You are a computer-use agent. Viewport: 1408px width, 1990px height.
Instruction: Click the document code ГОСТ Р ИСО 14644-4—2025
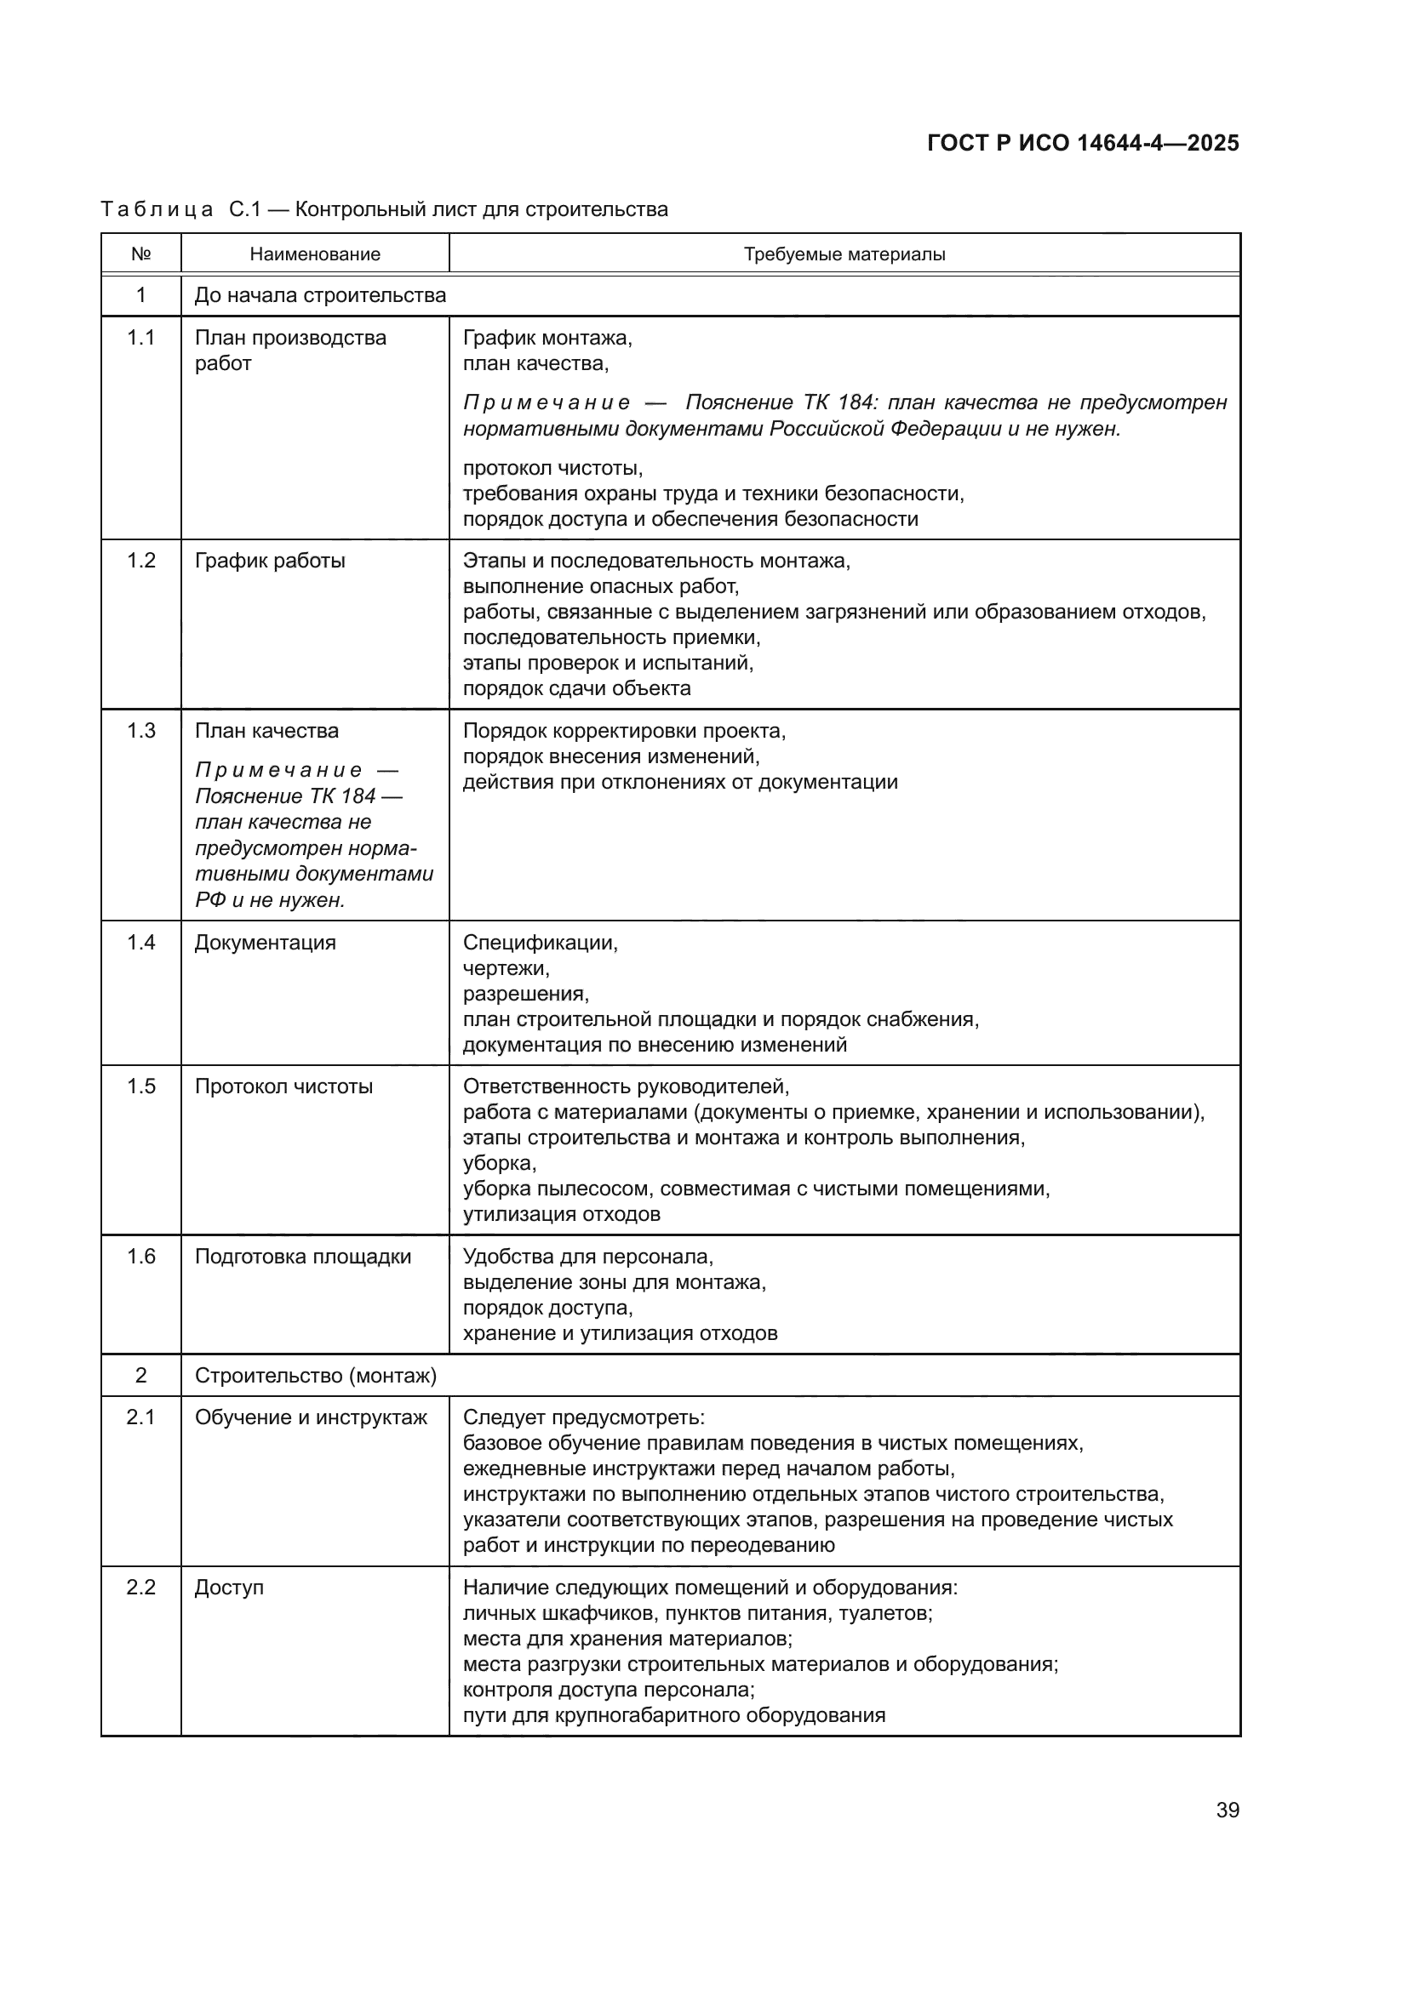click(1082, 143)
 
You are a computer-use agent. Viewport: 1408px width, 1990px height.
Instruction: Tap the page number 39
click(1227, 1810)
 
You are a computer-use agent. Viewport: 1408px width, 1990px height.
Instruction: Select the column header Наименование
click(315, 254)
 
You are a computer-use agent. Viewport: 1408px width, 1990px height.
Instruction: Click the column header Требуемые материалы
click(844, 254)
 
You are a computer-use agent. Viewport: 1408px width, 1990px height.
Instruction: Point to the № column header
click(140, 254)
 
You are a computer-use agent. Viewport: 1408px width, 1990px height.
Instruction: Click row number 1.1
click(140, 338)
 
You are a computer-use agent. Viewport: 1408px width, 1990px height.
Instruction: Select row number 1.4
click(140, 942)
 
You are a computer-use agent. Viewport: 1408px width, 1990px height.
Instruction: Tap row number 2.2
click(140, 1587)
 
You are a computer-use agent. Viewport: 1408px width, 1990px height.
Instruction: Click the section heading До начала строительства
click(320, 295)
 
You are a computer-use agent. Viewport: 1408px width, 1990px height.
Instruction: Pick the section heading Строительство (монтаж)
click(316, 1376)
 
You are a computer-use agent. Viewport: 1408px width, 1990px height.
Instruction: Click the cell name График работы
click(270, 561)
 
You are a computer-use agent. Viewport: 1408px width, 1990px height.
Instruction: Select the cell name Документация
click(265, 942)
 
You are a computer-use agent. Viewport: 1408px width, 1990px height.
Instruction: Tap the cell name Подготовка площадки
click(302, 1257)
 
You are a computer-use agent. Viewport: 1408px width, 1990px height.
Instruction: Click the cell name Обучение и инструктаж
click(311, 1417)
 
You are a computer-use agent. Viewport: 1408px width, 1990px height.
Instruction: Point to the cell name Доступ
click(229, 1587)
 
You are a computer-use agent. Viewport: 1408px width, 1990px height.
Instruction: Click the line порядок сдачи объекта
click(576, 688)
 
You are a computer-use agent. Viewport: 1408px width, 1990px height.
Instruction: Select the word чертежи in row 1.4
click(506, 968)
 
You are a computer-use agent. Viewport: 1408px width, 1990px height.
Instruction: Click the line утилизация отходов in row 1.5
click(561, 1213)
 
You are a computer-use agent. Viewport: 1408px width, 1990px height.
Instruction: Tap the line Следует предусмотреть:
click(583, 1417)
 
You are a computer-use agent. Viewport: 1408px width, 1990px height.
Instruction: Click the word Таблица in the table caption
click(157, 210)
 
